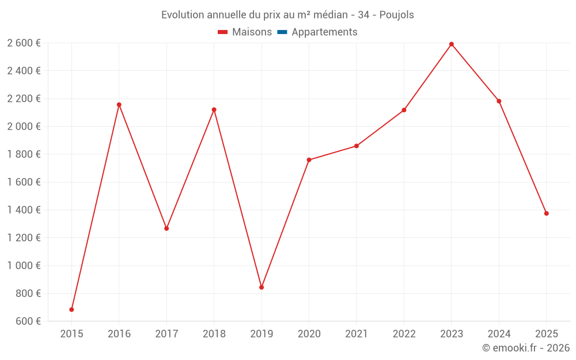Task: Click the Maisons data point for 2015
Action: pos(71,309)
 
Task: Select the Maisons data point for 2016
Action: pos(119,105)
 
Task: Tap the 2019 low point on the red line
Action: pos(262,287)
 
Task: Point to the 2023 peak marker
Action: pos(452,44)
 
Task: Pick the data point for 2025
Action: pos(546,214)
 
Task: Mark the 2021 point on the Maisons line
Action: pos(357,146)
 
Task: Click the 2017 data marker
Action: pos(166,229)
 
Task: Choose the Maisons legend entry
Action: pos(245,32)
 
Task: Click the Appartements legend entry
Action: pos(324,32)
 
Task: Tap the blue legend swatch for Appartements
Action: pos(282,32)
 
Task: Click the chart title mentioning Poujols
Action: pos(287,15)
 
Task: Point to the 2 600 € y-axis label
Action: pos(24,43)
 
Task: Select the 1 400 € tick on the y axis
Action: pos(24,210)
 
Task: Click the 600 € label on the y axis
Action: pos(27,321)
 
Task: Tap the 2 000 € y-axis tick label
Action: pos(24,126)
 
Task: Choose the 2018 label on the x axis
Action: pos(214,334)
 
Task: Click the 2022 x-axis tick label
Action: pos(404,334)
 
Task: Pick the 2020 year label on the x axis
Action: pos(309,334)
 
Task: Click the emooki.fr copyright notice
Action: pos(525,348)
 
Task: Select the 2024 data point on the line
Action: pos(499,101)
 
